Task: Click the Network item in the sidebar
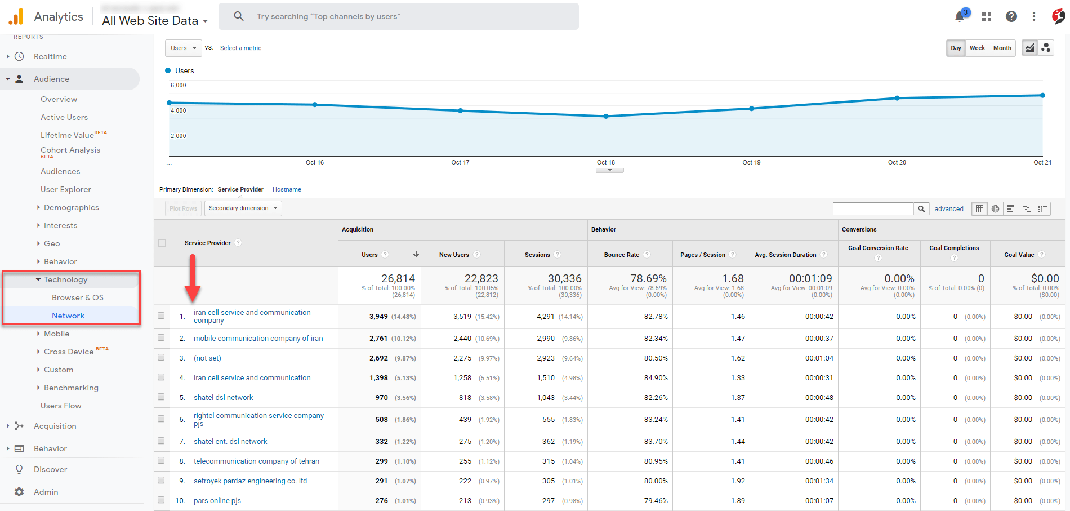pyautogui.click(x=68, y=316)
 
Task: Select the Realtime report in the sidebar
pyautogui.click(x=50, y=56)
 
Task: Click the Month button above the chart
pyautogui.click(x=1002, y=48)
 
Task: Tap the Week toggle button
pyautogui.click(x=977, y=48)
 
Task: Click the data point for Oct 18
pyautogui.click(x=606, y=117)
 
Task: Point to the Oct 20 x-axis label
pyautogui.click(x=897, y=162)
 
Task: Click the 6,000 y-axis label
pyautogui.click(x=178, y=85)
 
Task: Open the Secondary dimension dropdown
pyautogui.click(x=243, y=208)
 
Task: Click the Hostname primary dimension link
pyautogui.click(x=287, y=189)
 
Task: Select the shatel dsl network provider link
pyautogui.click(x=223, y=397)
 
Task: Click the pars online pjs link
pyautogui.click(x=217, y=500)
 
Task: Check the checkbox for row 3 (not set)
pyautogui.click(x=161, y=358)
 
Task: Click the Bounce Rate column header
pyautogui.click(x=621, y=255)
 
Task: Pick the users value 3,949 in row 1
pyautogui.click(x=378, y=317)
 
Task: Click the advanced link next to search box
pyautogui.click(x=949, y=208)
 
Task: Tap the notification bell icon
pyautogui.click(x=960, y=16)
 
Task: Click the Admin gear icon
pyautogui.click(x=19, y=492)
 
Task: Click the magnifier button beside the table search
pyautogui.click(x=921, y=208)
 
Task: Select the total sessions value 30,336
pyautogui.click(x=564, y=278)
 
